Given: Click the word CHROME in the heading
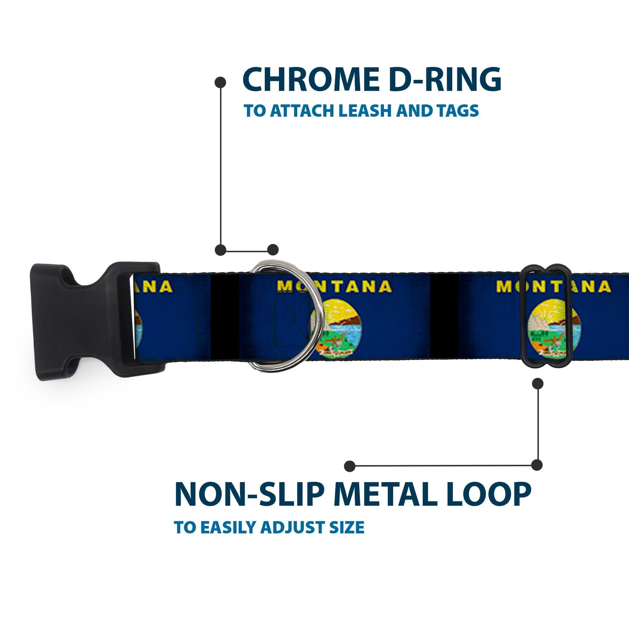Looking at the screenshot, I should point(311,80).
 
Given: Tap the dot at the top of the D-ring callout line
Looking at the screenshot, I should point(220,82).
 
